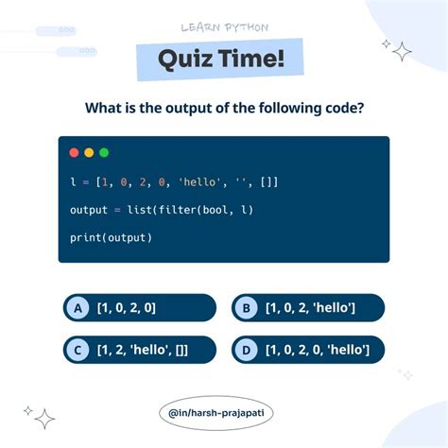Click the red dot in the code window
(74, 152)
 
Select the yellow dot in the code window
(89, 152)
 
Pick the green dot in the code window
(104, 152)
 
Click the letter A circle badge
(78, 308)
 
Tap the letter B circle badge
(246, 308)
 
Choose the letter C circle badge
(78, 351)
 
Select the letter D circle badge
(246, 351)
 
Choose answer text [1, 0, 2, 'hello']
(310, 308)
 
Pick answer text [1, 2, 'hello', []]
(142, 351)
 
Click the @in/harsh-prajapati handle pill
(223, 413)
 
